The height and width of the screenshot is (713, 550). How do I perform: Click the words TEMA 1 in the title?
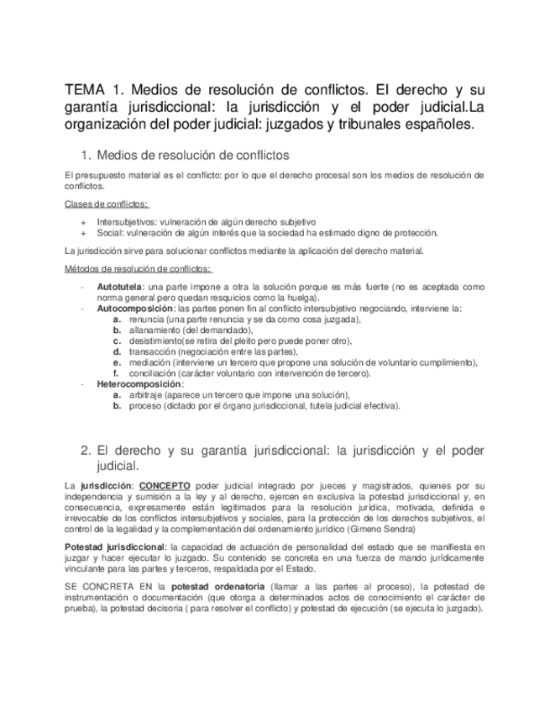point(94,89)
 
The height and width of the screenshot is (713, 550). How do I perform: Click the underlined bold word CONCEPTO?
point(165,486)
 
